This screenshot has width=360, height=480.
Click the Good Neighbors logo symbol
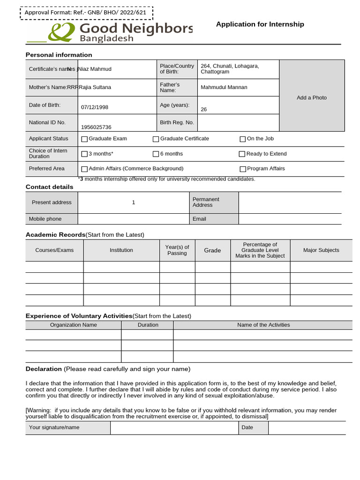62,32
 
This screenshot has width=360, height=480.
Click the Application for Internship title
260,24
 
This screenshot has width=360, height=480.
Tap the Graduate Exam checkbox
84,139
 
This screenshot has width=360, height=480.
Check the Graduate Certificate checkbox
156,139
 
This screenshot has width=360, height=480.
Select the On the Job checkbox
243,139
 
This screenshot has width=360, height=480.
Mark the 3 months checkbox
84,154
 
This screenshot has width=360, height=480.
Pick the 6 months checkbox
156,154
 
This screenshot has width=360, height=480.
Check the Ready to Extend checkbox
242,154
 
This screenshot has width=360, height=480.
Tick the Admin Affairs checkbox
84,169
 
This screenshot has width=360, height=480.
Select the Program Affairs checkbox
243,169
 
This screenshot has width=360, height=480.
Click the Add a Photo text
312,97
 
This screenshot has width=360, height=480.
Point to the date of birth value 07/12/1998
95,107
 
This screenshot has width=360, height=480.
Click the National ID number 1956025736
96,127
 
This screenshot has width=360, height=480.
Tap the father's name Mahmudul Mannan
224,87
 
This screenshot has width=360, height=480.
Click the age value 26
203,109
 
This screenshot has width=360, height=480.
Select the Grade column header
212,250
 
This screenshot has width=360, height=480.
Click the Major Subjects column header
321,250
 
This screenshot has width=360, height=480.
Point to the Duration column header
148,325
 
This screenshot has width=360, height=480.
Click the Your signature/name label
54,427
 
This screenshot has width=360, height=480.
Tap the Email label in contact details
199,219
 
